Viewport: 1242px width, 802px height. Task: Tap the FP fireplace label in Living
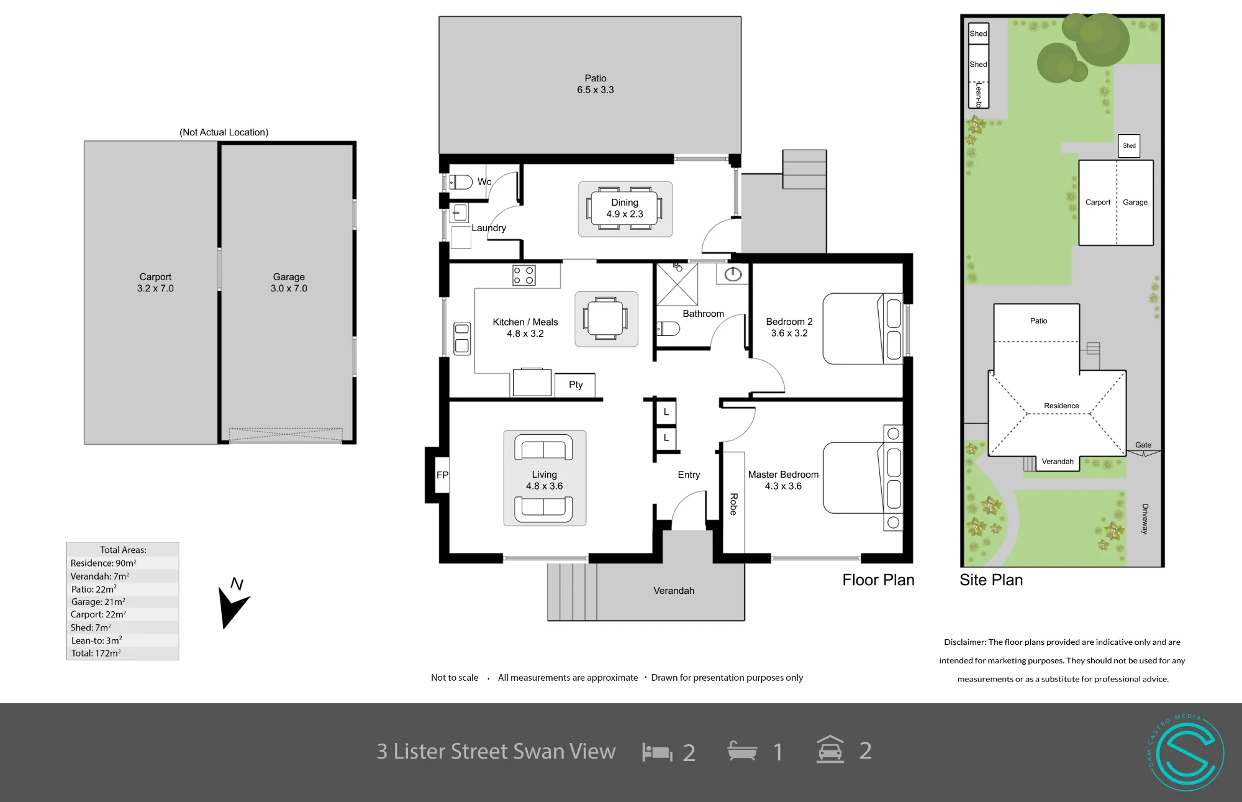tap(442, 475)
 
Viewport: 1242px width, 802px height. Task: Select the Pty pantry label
tap(576, 385)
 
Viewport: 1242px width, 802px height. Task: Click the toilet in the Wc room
tap(461, 182)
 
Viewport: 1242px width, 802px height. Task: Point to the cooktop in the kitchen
tap(524, 275)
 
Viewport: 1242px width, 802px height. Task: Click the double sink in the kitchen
tap(462, 338)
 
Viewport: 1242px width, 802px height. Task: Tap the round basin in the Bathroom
tap(733, 274)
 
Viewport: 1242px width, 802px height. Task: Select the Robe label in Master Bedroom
tap(733, 504)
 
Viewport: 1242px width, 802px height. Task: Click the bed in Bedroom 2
tap(863, 329)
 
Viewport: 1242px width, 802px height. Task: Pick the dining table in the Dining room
tap(625, 208)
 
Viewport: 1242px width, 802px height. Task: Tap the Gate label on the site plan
tap(1143, 445)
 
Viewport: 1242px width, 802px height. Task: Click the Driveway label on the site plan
tap(1145, 519)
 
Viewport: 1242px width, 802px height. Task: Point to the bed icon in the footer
tap(657, 752)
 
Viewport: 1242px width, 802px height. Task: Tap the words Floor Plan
tap(878, 580)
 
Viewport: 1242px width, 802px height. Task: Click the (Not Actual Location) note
tap(224, 132)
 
